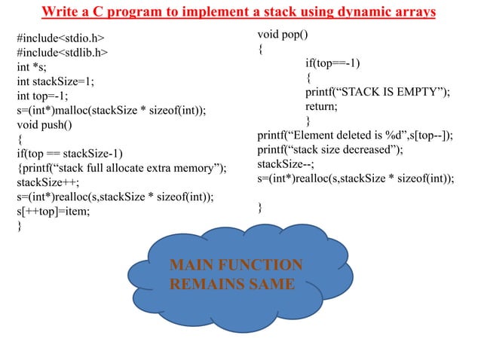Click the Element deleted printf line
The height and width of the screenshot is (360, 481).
tap(355, 136)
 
